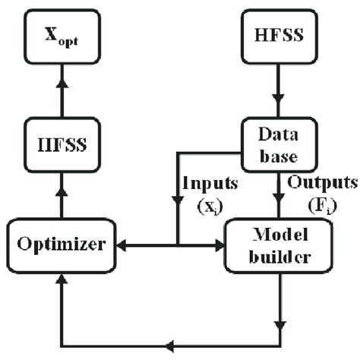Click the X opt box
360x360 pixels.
[62, 35]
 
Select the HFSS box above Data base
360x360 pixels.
[279, 35]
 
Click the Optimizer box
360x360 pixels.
[62, 245]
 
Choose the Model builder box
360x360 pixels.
[279, 245]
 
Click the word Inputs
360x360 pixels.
[209, 185]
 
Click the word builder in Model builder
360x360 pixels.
[279, 257]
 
